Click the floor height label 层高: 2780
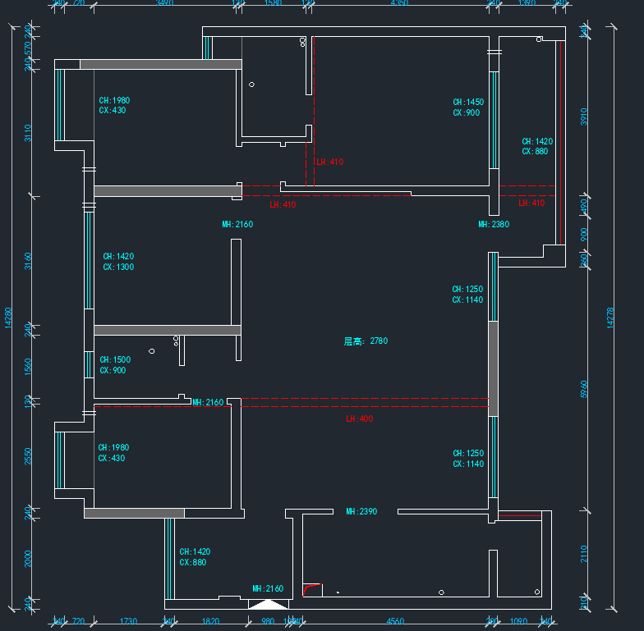point(366,341)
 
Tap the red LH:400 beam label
point(359,418)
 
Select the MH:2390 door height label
point(361,511)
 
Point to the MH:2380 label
point(494,224)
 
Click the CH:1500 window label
point(115,359)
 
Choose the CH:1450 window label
point(468,103)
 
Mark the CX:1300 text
point(118,267)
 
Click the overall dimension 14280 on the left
point(8,318)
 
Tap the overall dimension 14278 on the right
point(610,318)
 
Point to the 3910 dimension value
point(584,117)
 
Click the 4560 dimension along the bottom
point(395,622)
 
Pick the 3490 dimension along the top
point(164,3)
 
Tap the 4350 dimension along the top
point(399,3)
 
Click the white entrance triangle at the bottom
point(268,605)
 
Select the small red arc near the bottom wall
point(310,588)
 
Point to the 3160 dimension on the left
point(28,261)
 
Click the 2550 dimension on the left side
point(28,455)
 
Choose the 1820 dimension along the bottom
point(210,622)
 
